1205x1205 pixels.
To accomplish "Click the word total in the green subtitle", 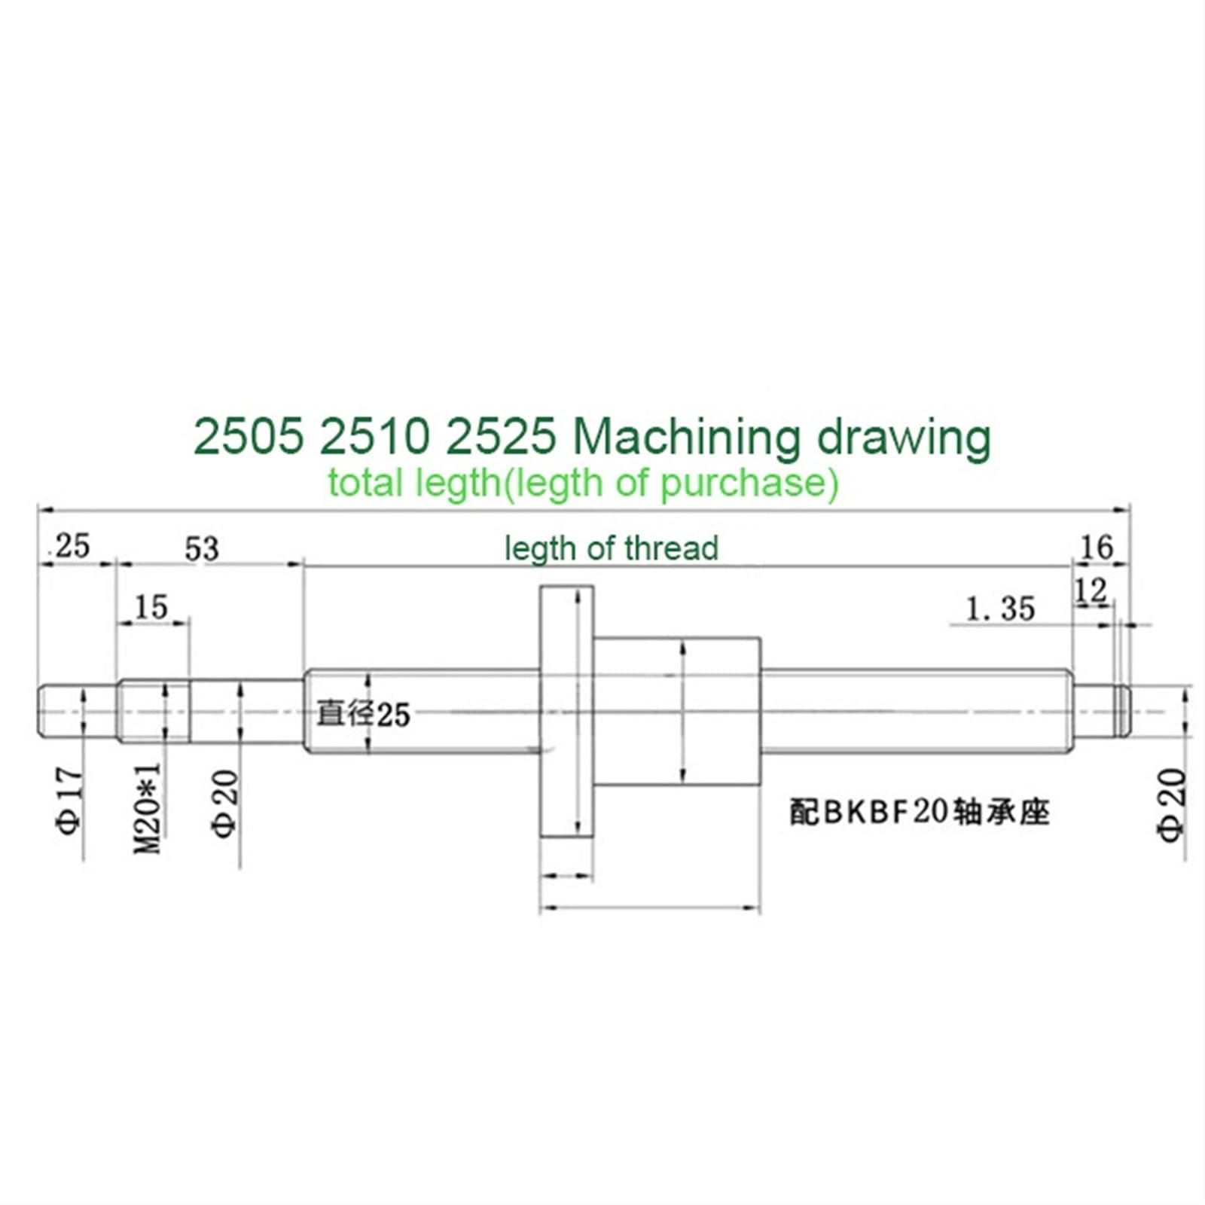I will pyautogui.click(x=365, y=482).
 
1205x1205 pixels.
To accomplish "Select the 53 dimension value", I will pyautogui.click(x=202, y=549).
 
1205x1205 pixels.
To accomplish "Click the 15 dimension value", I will pyautogui.click(x=151, y=607).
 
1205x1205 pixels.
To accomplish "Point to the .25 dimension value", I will pyautogui.click(x=69, y=546).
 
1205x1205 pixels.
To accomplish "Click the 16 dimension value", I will pyautogui.click(x=1096, y=548).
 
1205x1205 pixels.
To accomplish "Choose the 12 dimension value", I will pyautogui.click(x=1091, y=592).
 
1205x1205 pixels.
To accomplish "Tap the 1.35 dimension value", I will pyautogui.click(x=1000, y=609).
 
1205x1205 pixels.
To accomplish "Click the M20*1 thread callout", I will pyautogui.click(x=149, y=807).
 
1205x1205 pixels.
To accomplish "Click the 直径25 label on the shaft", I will pyautogui.click(x=363, y=714).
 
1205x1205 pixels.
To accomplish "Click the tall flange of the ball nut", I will pyautogui.click(x=566, y=711).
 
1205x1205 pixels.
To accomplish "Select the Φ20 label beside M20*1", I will pyautogui.click(x=225, y=803).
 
